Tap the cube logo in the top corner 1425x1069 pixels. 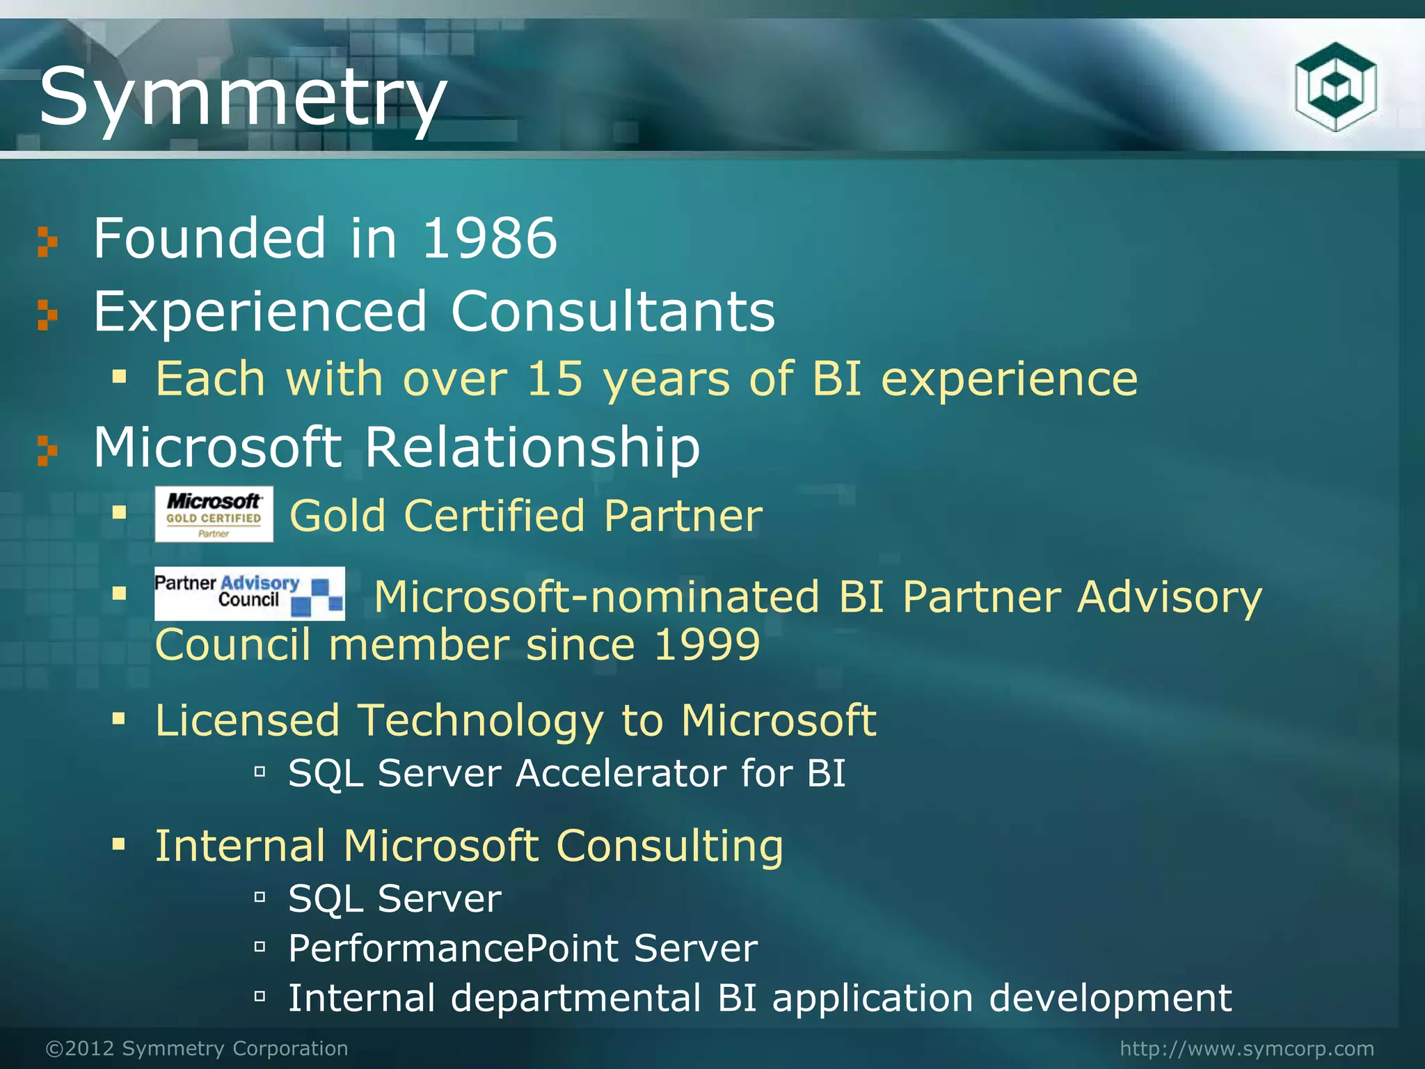tap(1335, 86)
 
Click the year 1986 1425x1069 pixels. tap(489, 239)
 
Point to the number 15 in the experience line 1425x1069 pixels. tap(555, 379)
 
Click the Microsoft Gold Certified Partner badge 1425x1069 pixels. tap(214, 514)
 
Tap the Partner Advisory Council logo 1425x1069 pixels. tap(249, 594)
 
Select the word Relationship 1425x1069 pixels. tap(532, 448)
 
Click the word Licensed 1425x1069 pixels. tap(247, 720)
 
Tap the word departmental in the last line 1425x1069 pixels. tap(575, 998)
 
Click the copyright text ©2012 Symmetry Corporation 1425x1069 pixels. tap(197, 1048)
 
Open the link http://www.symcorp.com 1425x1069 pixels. tap(1247, 1048)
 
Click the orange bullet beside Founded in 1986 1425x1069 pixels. tap(47, 241)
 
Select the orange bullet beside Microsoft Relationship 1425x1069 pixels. tap(47, 450)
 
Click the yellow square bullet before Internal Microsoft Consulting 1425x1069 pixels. tap(119, 845)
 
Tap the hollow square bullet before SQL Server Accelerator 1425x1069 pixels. tap(260, 771)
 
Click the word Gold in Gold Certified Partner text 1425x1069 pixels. tap(337, 516)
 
